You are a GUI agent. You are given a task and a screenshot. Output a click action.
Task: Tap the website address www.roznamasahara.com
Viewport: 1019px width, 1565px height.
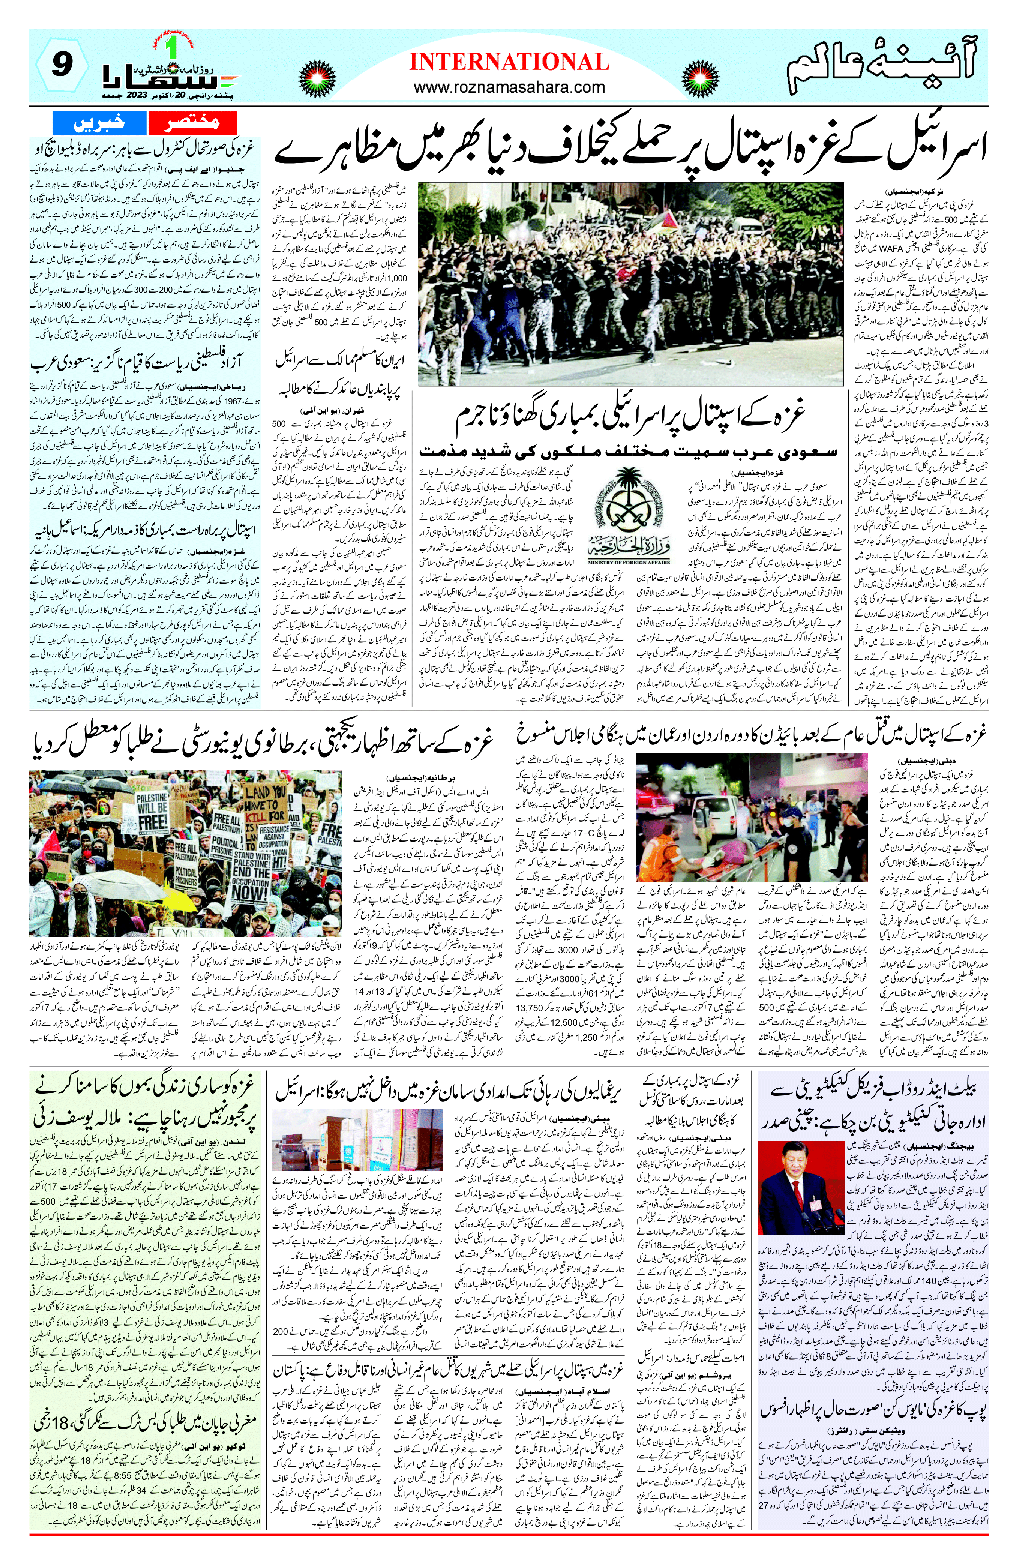509,87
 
